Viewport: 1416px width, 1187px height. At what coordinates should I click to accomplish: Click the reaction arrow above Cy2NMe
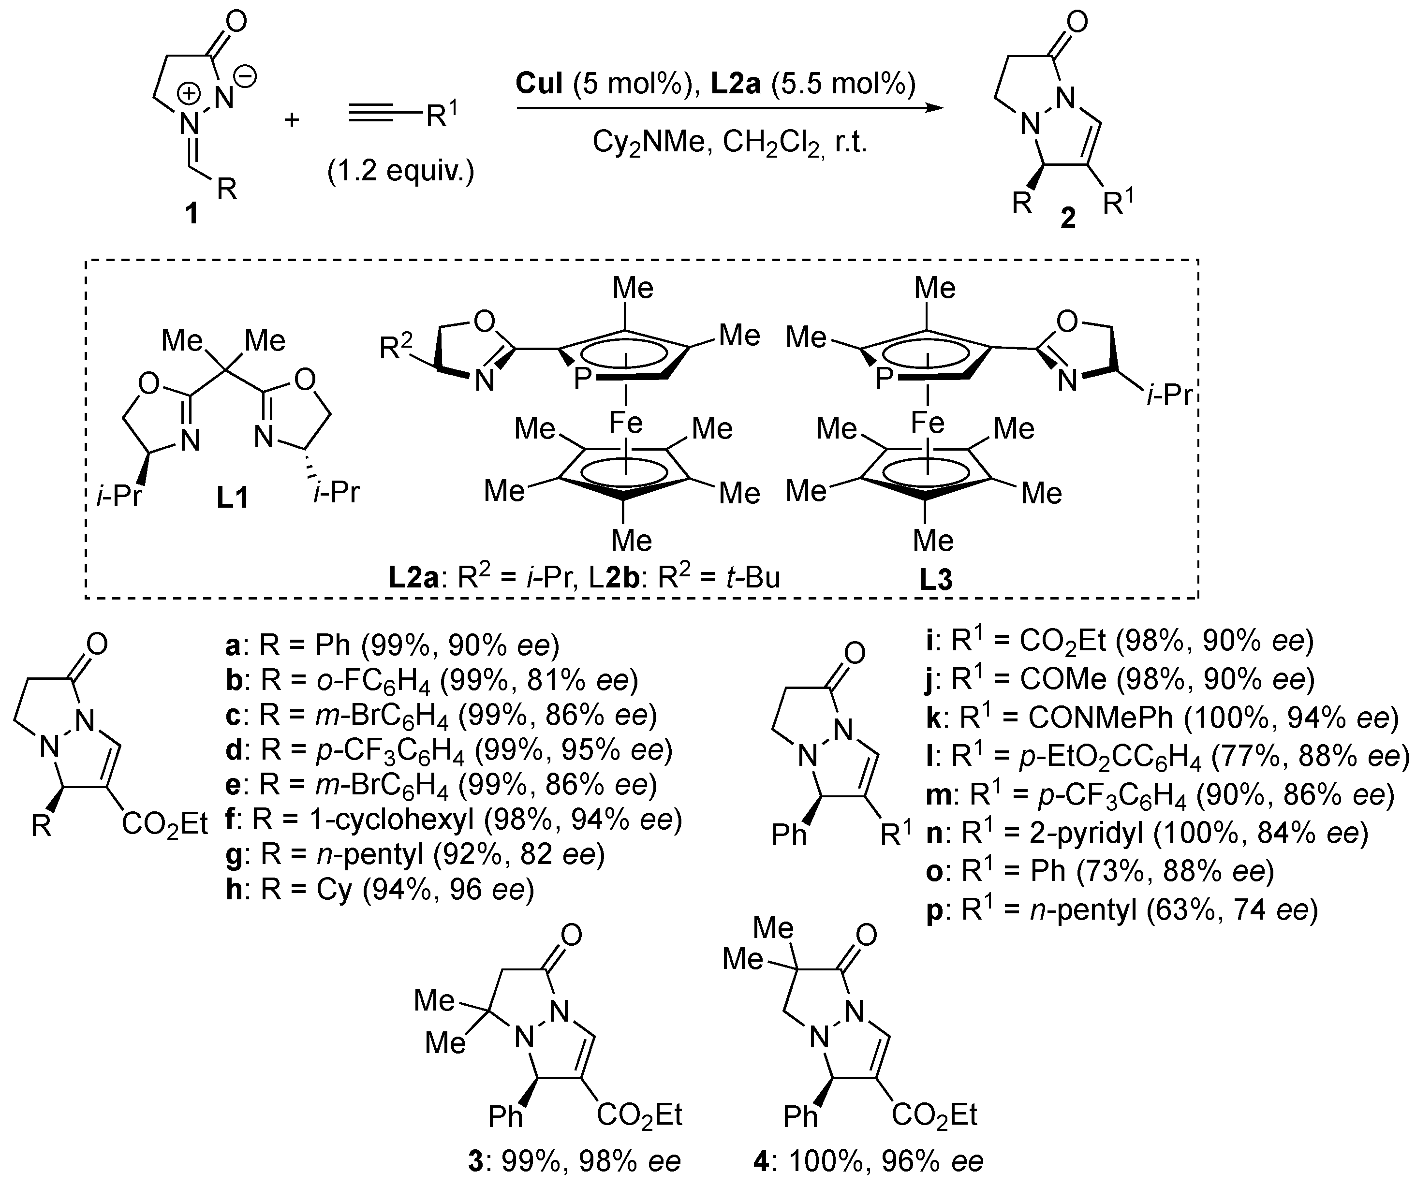click(x=728, y=108)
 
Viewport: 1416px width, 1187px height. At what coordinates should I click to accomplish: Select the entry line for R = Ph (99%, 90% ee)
click(x=392, y=646)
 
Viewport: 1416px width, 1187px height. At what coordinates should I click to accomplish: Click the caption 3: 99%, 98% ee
click(x=575, y=1161)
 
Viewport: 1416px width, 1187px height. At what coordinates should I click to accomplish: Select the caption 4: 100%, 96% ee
click(x=869, y=1161)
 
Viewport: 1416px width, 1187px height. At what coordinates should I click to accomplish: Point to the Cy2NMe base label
click(x=648, y=144)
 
